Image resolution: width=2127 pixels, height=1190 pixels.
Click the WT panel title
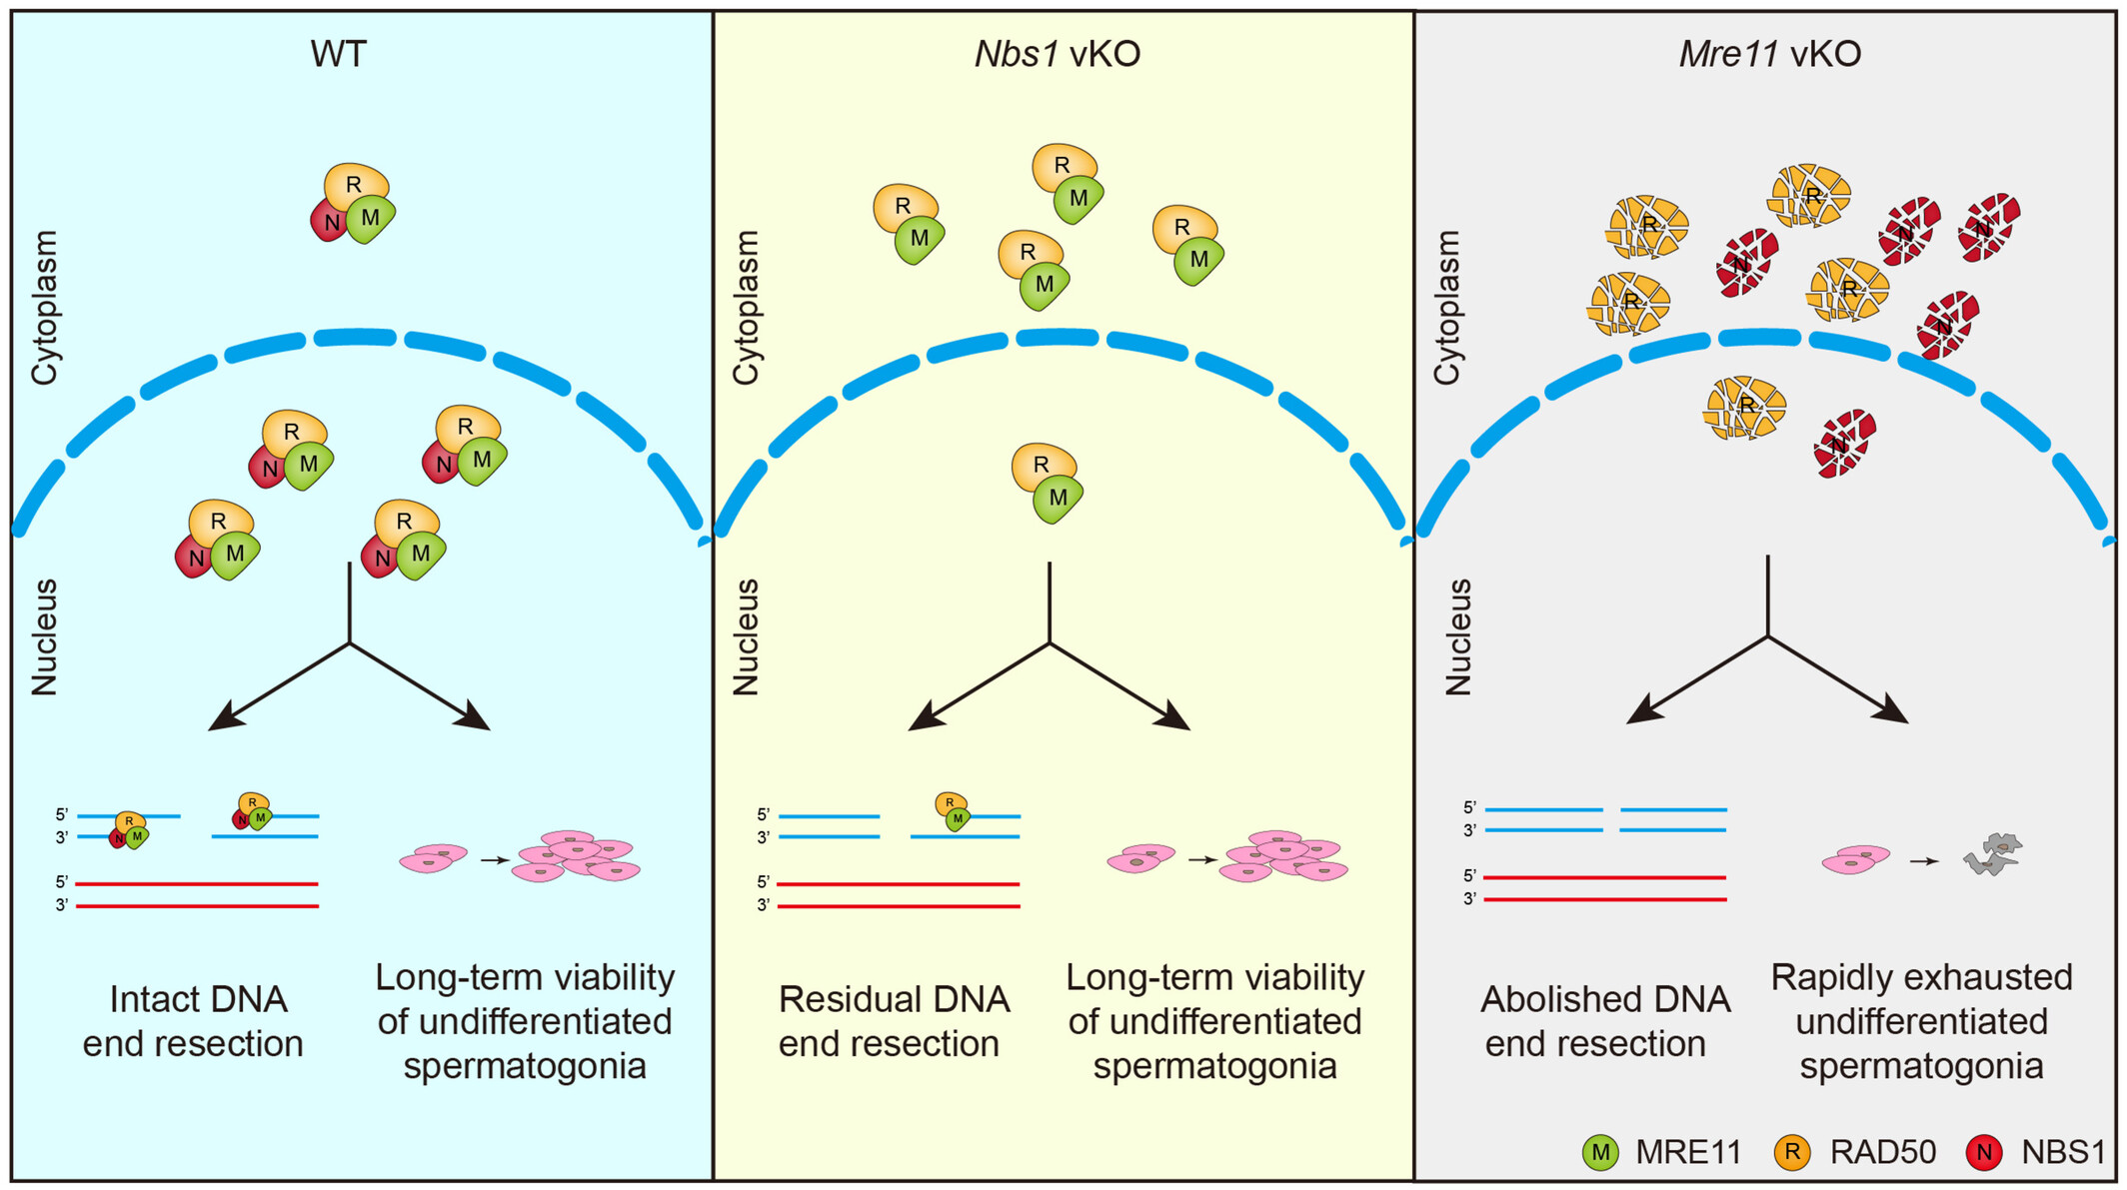pos(338,54)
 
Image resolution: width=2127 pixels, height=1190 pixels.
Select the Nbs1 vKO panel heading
pos(1058,54)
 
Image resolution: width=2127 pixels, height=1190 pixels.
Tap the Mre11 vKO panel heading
pos(1770,54)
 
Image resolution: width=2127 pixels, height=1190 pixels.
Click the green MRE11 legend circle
pos(1600,1152)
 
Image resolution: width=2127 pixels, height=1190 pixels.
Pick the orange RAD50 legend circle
pos(1792,1152)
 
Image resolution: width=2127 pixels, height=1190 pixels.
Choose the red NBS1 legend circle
pos(1984,1152)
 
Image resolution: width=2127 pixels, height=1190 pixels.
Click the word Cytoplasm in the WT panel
pos(45,308)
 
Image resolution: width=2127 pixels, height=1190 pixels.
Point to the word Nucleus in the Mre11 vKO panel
pos(1458,636)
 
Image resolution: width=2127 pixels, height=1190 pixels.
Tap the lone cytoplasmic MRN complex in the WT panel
pos(353,204)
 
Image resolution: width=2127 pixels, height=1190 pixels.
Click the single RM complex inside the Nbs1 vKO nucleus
pos(1046,484)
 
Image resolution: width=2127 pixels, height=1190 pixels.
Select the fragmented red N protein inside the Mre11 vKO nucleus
pos(1844,443)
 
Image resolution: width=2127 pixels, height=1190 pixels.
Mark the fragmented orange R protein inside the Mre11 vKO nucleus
pos(1745,407)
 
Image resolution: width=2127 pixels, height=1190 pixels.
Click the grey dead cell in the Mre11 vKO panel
pos(1993,854)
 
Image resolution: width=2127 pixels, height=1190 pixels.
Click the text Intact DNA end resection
pos(195,1021)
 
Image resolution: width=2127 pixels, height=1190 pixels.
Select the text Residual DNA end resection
pos(893,1021)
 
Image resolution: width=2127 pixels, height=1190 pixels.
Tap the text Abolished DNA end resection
pos(1604,1021)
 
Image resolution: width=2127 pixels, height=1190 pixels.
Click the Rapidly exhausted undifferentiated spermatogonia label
pos(1921,1021)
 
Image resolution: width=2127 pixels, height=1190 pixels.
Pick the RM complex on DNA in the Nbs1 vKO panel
pos(952,810)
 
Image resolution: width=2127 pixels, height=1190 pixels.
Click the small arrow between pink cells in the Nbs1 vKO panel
pos(1202,859)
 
